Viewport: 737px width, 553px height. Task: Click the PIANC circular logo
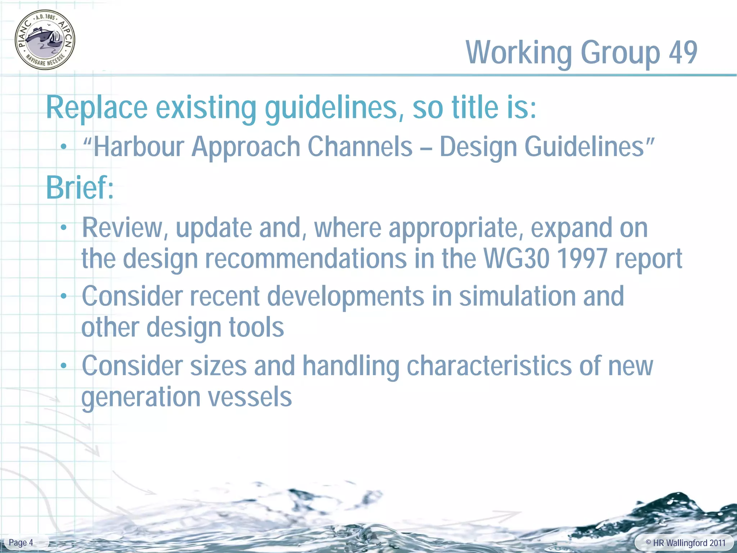(x=45, y=40)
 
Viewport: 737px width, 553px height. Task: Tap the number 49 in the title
(x=683, y=53)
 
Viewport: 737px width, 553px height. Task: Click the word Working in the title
(x=519, y=53)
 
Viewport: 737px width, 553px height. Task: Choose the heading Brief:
(x=80, y=188)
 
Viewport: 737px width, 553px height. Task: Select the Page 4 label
(x=21, y=543)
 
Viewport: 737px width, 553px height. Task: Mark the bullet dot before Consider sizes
(x=64, y=366)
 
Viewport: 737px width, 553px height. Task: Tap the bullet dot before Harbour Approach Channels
(x=64, y=147)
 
